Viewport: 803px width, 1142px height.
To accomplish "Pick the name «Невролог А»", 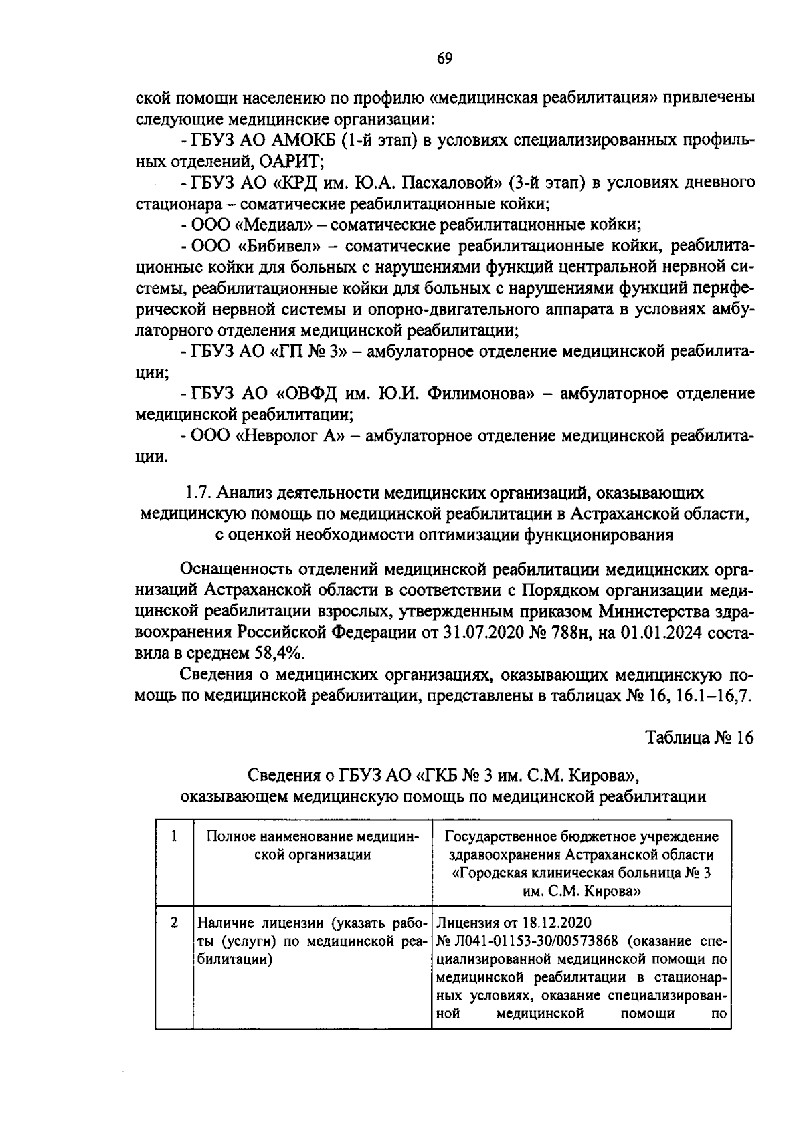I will pos(290,436).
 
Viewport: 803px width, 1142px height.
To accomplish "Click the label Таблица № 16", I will pos(699,738).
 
